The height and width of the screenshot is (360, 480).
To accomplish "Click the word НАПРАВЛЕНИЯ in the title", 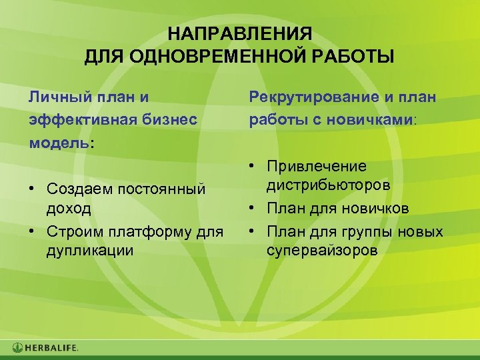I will pos(239,34).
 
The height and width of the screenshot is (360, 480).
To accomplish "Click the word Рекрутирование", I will pos(311,97).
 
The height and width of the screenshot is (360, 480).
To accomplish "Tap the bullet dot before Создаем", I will pos(33,189).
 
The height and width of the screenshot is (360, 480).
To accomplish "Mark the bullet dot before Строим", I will pos(33,231).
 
